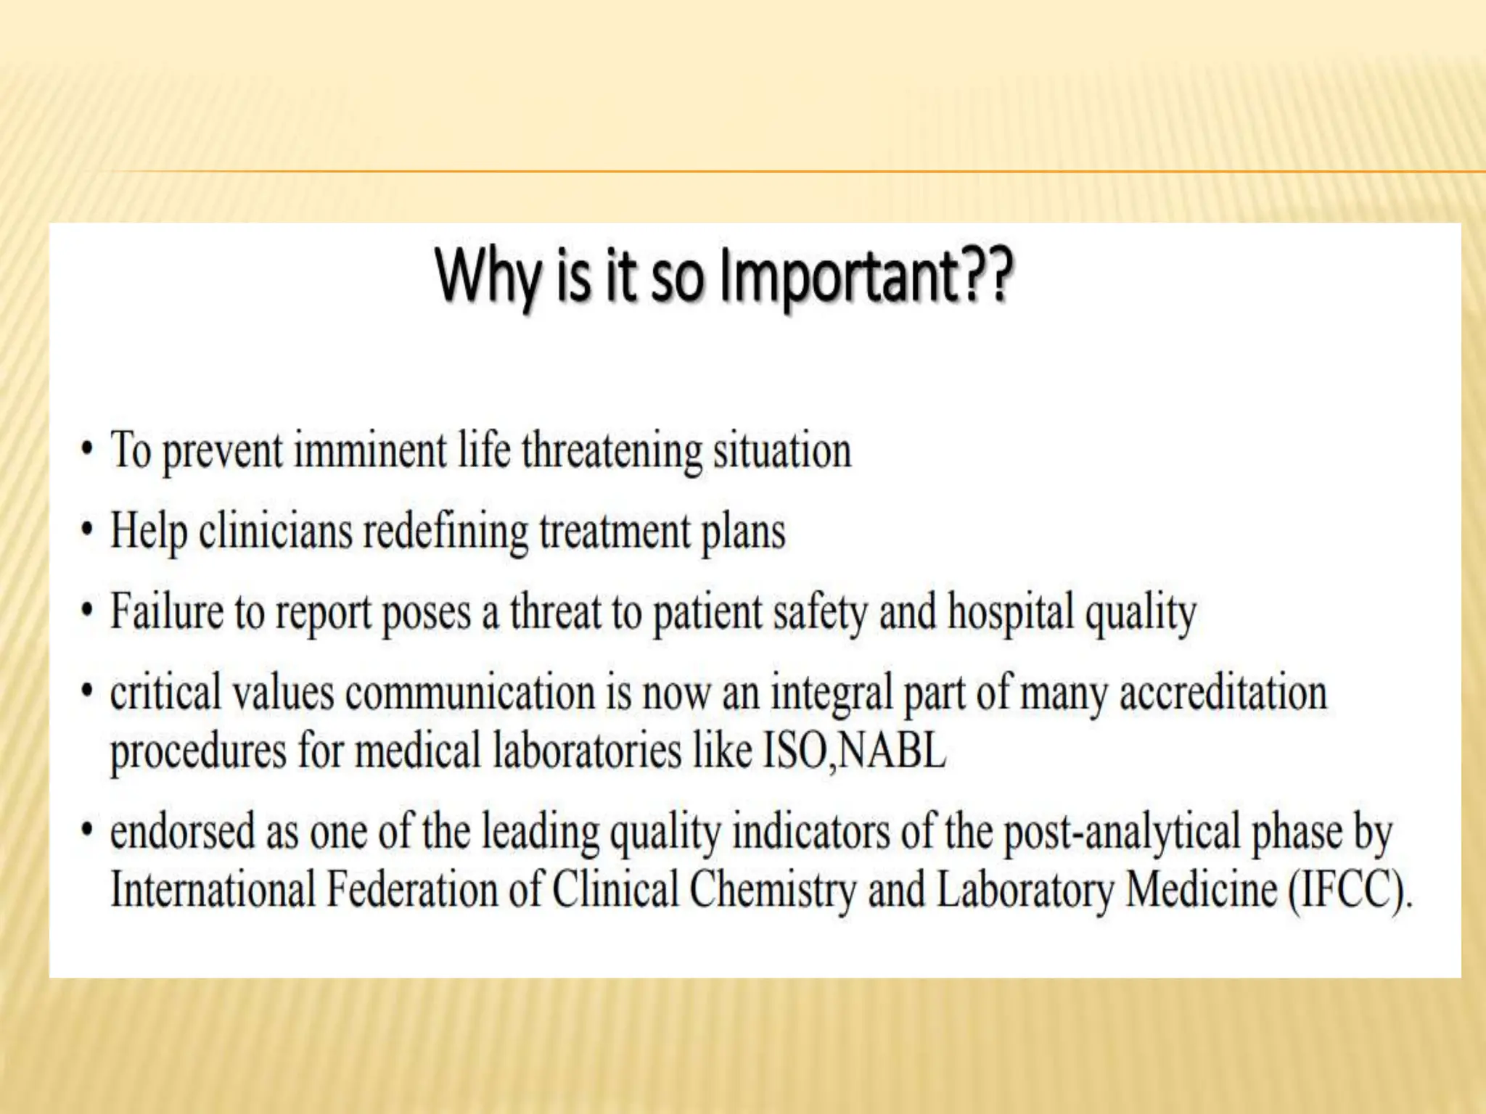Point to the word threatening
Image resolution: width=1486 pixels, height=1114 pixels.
[x=611, y=452]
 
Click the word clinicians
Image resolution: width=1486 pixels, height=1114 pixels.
[x=275, y=532]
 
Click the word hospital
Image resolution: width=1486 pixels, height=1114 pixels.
[x=1011, y=613]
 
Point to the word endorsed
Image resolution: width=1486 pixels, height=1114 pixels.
[x=182, y=832]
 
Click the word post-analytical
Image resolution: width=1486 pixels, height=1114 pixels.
[x=1122, y=833]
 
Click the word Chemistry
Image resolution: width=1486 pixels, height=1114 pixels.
[x=772, y=891]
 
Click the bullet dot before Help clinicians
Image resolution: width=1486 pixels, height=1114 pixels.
[x=87, y=530]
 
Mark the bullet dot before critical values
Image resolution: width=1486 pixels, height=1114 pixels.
[x=87, y=690]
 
